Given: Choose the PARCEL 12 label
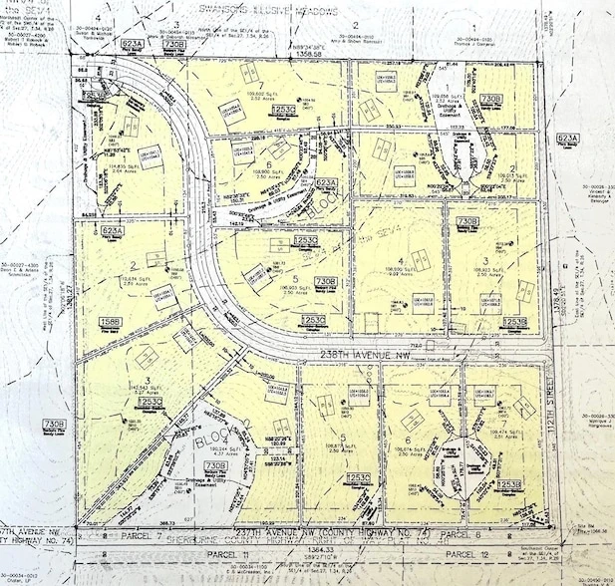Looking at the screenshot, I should (466, 552).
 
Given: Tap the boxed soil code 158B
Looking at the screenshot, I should (111, 322).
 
